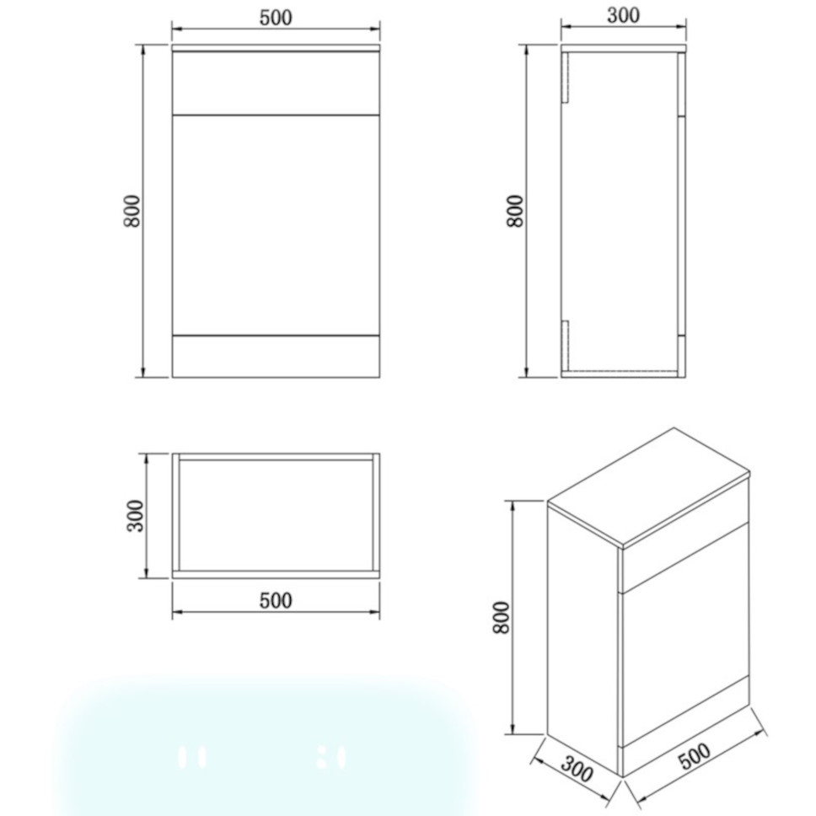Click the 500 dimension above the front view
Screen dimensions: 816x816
[x=275, y=19]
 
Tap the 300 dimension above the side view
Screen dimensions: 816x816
[x=623, y=15]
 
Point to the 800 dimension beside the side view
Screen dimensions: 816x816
[x=515, y=211]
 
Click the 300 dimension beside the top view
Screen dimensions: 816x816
[x=135, y=516]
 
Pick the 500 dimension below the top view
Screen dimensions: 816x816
[x=275, y=600]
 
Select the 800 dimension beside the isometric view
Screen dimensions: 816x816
[x=502, y=618]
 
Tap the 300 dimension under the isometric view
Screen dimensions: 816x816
[x=577, y=770]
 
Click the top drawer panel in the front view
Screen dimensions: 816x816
[x=275, y=83]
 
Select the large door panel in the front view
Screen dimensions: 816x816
[x=275, y=224]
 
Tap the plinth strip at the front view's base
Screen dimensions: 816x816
[x=275, y=356]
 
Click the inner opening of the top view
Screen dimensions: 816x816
[x=275, y=514]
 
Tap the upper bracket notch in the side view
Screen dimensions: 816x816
[x=567, y=78]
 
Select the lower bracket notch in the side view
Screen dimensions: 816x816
[x=567, y=346]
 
